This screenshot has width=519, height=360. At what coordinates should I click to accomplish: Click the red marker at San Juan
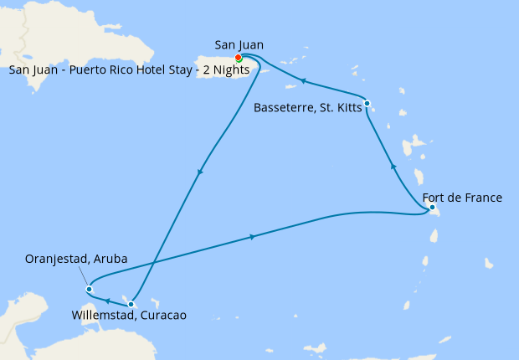[x=239, y=58]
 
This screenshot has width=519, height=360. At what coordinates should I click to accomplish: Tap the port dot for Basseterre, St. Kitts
[x=367, y=103]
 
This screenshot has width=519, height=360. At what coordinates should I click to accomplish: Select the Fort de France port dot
[x=431, y=207]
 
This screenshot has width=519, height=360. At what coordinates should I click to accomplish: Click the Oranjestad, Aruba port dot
[x=89, y=290]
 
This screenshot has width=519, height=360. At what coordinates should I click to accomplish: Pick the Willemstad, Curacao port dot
[x=131, y=304]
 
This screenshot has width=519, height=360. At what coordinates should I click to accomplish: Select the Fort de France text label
[x=469, y=198]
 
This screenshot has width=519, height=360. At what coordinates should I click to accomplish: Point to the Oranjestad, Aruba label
[x=77, y=260]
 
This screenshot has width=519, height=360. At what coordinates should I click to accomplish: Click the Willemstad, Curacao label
[x=129, y=316]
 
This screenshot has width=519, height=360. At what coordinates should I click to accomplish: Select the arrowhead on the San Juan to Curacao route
[x=199, y=173]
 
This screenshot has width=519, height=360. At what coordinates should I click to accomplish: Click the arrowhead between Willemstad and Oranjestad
[x=109, y=299]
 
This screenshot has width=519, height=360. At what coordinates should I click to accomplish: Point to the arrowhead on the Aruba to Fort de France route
[x=252, y=238]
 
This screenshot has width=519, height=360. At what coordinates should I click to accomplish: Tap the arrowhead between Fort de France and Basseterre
[x=393, y=167]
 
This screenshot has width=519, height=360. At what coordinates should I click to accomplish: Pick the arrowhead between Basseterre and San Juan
[x=303, y=81]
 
